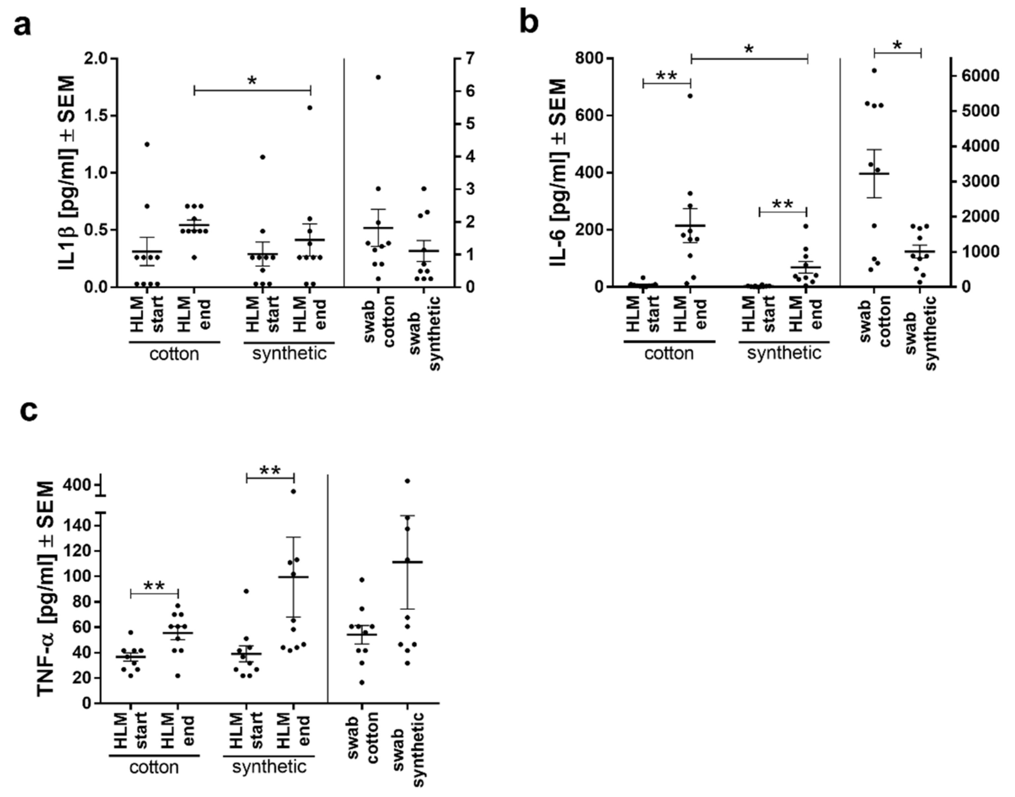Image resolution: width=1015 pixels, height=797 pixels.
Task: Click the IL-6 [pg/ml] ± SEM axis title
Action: point(558,173)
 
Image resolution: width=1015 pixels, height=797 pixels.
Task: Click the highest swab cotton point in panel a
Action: point(378,77)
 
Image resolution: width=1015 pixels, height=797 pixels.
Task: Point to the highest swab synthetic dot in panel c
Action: point(407,481)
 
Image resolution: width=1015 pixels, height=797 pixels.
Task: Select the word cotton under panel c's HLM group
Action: point(154,768)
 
